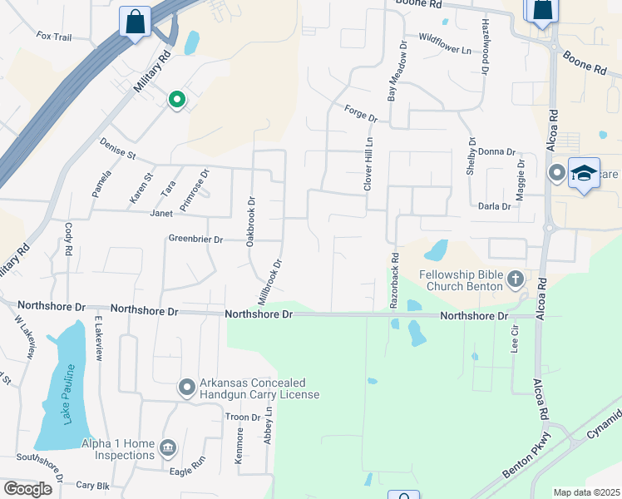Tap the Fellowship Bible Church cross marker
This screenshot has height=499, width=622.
tap(516, 279)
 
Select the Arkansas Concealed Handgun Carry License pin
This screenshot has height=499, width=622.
tap(187, 387)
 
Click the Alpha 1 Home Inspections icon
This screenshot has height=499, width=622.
tap(167, 448)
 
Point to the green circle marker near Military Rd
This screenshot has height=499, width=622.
tap(176, 100)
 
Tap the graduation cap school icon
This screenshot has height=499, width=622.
tap(584, 173)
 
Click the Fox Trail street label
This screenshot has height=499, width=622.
tap(56, 37)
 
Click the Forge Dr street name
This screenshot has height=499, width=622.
tap(361, 113)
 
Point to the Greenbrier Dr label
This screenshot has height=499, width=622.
tap(196, 240)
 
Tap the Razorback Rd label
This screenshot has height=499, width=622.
tap(394, 281)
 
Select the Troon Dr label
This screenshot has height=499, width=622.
tap(244, 417)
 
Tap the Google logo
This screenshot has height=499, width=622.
tap(27, 488)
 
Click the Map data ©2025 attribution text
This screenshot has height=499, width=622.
tap(585, 492)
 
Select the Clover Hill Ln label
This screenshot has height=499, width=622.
tap(368, 164)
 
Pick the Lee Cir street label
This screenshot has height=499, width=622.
tap(515, 337)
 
